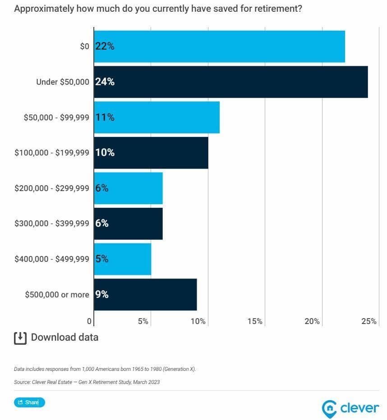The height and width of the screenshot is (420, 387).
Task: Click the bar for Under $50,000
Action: point(231,82)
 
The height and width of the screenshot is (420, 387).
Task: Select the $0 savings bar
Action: point(220,46)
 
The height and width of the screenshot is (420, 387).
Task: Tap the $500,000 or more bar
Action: point(145,294)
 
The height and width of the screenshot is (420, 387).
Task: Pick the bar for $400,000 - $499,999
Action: point(123,259)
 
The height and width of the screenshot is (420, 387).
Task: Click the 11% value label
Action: point(105,117)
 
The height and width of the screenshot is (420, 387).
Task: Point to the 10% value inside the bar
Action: point(105,153)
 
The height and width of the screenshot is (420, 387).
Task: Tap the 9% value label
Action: point(102,294)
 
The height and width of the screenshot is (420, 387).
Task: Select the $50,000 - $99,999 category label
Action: point(56,117)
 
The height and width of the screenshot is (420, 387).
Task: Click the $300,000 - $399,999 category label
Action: point(52,224)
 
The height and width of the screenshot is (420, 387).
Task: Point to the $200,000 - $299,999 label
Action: point(52,188)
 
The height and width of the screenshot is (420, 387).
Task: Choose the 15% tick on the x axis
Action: point(254,321)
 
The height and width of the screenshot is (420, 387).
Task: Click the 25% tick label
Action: point(369,321)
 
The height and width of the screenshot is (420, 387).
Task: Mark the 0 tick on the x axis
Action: point(89,321)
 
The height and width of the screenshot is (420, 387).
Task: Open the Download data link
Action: point(64,337)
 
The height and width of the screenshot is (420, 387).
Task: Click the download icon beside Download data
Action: point(20,338)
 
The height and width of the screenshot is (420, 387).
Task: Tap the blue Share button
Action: point(29,402)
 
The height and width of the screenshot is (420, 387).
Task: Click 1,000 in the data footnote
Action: point(88,369)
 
